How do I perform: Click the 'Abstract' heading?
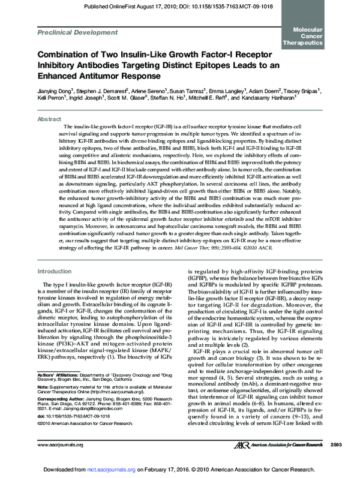[49, 120]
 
